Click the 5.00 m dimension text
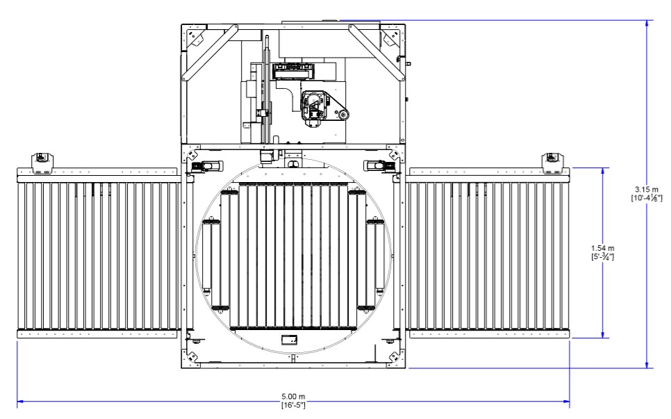point(292,397)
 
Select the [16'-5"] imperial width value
point(292,404)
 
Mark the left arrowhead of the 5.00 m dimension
point(22,401)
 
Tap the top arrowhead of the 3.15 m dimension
point(647,24)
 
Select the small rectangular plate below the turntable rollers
point(288,340)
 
